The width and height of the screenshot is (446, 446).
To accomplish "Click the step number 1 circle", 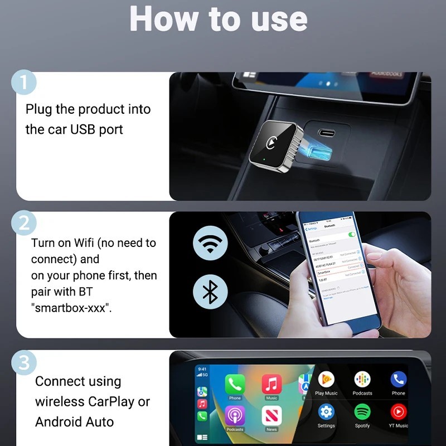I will coord(23,83).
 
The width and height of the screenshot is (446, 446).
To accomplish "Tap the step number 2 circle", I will coord(23,223).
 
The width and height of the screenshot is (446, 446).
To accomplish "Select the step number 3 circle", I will coord(23,362).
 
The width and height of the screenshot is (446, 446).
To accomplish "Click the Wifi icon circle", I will coord(210,244).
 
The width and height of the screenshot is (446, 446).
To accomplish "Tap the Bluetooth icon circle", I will coord(210,292).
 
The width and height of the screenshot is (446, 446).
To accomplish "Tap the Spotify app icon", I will coord(362,413).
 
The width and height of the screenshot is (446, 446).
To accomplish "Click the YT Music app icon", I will coord(398,413).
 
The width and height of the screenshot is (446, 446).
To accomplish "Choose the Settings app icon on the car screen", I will coord(326,413).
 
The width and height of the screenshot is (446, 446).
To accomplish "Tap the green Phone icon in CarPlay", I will coord(235,384).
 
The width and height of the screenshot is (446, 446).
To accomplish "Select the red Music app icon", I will coord(272,384).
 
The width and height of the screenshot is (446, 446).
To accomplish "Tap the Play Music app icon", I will coord(326,380).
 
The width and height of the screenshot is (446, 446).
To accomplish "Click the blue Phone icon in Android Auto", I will coord(398,380).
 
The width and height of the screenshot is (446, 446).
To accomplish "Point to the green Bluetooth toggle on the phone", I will coord(352,234).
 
